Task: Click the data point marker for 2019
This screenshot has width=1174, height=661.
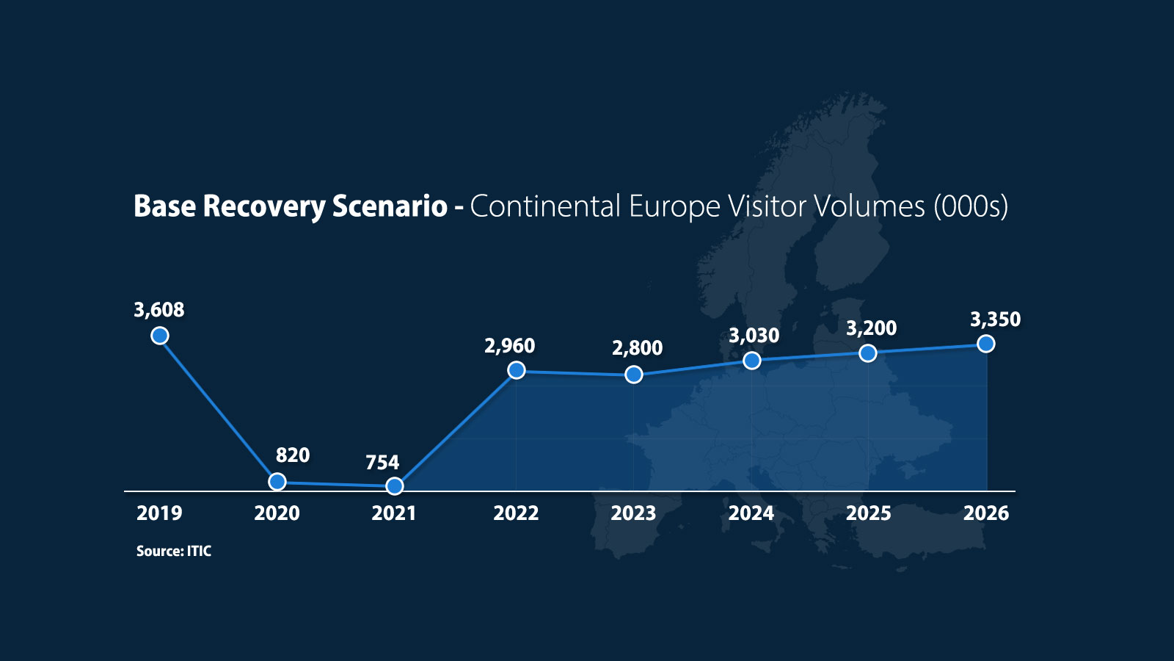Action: point(160,335)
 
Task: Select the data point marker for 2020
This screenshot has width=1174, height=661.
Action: point(277,481)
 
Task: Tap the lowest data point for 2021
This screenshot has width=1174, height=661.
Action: point(395,486)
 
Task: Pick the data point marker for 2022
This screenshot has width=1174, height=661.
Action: point(517,370)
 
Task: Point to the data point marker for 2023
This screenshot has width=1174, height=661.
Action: point(634,375)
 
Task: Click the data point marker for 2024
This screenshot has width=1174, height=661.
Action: point(752,361)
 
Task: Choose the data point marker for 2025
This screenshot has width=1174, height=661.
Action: point(868,353)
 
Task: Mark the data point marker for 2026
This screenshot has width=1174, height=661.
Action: point(986,344)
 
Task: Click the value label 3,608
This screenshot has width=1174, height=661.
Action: point(159,310)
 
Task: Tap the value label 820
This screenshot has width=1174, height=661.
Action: point(293,455)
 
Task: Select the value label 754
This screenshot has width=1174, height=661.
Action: point(382,462)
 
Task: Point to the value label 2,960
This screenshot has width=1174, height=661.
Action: point(510,346)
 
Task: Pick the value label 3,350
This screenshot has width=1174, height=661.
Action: point(995,319)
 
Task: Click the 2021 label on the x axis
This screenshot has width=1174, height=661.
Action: point(394,513)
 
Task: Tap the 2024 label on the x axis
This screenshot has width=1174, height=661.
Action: point(751,513)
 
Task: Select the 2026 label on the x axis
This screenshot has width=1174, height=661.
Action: point(986,513)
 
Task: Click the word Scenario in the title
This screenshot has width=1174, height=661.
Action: point(390,206)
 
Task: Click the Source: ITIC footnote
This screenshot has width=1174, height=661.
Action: point(174,551)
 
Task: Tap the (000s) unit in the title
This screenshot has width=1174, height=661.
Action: point(971,206)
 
